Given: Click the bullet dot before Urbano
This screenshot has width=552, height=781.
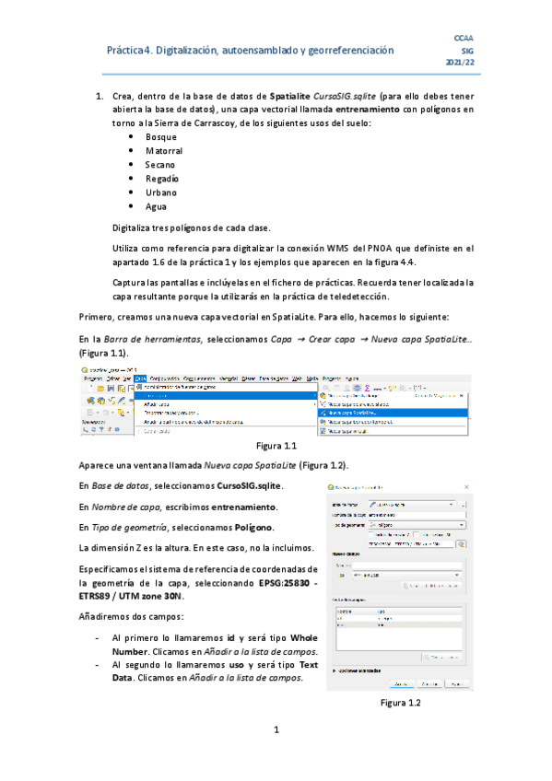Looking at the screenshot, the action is tap(131, 192).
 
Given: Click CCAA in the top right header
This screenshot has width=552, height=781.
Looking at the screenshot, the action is tap(465, 37).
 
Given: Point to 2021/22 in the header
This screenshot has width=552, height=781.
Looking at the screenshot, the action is tap(460, 62).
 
